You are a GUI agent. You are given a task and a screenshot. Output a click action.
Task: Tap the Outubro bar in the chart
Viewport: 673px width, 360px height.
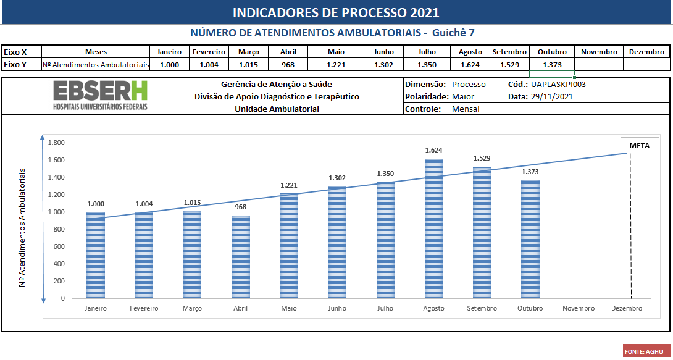(530, 239)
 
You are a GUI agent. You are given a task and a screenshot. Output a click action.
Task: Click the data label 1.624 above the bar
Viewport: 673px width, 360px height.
(433, 150)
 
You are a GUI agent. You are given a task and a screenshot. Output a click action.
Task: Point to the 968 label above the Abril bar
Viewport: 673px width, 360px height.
(240, 207)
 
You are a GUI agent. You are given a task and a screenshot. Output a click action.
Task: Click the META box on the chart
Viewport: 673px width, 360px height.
(640, 146)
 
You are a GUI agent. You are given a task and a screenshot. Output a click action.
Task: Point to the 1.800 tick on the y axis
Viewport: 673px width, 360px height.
(56, 143)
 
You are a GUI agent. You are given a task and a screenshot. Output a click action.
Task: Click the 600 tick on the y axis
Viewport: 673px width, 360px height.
(59, 246)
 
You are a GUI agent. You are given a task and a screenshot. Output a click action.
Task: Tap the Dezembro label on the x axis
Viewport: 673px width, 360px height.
(626, 308)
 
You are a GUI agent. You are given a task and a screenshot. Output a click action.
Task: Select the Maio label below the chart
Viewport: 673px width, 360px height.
(288, 308)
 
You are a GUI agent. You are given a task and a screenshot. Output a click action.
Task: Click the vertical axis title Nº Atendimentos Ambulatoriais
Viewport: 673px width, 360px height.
(22, 227)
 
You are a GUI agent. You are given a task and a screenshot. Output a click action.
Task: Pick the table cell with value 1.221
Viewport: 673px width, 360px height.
(336, 65)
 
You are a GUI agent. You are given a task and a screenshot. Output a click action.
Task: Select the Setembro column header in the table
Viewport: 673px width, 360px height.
(509, 52)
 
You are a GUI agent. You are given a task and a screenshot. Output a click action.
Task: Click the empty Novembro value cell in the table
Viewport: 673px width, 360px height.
(599, 65)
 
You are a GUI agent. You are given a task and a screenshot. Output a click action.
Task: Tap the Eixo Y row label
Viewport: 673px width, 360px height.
(15, 65)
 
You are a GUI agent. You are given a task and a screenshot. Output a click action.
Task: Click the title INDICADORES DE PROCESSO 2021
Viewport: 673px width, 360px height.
(336, 13)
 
